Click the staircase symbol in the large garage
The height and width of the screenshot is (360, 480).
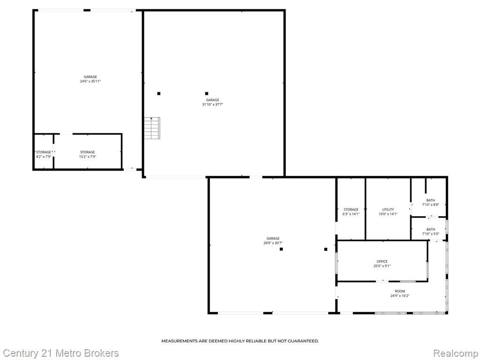coord(152,128)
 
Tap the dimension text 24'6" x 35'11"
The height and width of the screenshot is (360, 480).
coord(90,82)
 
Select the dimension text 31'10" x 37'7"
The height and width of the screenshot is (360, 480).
coord(212,105)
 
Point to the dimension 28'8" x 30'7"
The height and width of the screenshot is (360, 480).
coord(273,243)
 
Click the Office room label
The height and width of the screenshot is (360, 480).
coord(382,262)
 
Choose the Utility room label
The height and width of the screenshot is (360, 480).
coord(388,210)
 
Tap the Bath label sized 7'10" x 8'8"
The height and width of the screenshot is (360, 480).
coord(430,200)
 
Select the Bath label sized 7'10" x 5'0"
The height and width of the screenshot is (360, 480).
coord(430,229)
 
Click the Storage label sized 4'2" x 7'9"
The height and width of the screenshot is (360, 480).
coord(44,152)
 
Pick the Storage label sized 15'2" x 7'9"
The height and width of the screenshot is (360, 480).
coord(87,152)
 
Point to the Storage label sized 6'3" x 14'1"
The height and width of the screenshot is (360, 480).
coord(351,210)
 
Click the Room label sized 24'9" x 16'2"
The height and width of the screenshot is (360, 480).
coord(399,291)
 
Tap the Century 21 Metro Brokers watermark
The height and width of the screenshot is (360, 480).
coord(60,353)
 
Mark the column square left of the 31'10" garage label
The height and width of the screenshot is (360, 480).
coord(159,94)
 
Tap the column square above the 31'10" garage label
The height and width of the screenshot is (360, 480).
coord(206,93)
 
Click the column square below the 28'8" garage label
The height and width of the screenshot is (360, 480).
coord(281,249)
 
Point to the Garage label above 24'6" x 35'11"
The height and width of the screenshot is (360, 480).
coord(90,77)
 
